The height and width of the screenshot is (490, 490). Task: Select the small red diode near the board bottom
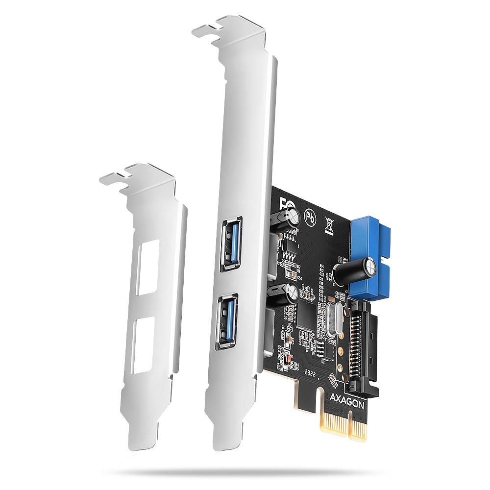pos(289,362)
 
